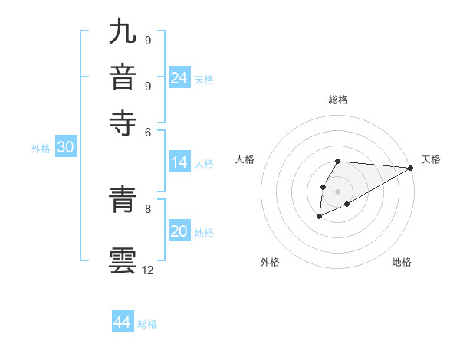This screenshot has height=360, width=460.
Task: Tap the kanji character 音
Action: [x=123, y=77]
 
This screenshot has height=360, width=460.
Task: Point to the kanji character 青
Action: [x=123, y=200]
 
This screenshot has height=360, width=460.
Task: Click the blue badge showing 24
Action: [x=179, y=78]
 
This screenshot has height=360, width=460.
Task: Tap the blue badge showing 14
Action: [x=179, y=162]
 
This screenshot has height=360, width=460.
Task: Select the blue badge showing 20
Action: [x=179, y=232]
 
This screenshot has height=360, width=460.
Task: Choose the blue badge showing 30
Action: [x=65, y=148]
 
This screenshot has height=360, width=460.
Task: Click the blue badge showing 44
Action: [x=123, y=322]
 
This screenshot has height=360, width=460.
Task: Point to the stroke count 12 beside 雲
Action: [x=148, y=270]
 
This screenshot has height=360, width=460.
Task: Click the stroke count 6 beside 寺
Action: [x=148, y=131]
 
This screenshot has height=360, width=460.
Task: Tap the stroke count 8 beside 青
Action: [x=148, y=208]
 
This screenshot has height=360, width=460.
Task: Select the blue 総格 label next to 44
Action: [x=147, y=323]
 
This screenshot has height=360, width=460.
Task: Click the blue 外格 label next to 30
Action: [x=41, y=149]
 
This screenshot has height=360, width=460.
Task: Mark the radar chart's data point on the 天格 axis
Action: [x=410, y=168]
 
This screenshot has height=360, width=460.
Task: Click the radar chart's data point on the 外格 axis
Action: [x=319, y=218]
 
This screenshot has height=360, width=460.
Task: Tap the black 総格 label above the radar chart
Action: [x=337, y=100]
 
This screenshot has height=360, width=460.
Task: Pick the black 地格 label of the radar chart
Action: [x=402, y=262]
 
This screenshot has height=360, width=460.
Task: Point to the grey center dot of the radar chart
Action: [x=337, y=190]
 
